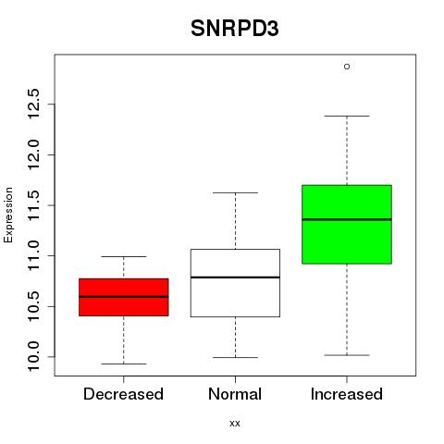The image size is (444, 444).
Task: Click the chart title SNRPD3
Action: [x=235, y=29]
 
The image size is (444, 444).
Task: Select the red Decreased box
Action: [x=124, y=297]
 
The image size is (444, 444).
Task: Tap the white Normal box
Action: [x=235, y=283]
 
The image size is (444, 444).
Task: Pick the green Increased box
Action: [x=347, y=225]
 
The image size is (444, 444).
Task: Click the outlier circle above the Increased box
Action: [x=347, y=67]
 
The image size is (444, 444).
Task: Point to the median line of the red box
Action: [x=124, y=297]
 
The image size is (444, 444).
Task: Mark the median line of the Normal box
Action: [x=235, y=277]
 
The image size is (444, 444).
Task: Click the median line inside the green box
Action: [x=347, y=219]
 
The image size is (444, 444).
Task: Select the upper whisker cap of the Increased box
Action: [x=347, y=116]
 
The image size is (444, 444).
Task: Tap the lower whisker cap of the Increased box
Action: [x=347, y=355]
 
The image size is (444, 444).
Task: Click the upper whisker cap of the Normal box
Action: [x=235, y=192]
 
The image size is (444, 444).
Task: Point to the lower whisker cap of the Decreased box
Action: [x=124, y=364]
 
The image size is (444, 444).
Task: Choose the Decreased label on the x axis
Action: [x=123, y=394]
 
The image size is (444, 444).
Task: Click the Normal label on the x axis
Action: [x=235, y=394]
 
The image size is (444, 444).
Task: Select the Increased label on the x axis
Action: [x=347, y=394]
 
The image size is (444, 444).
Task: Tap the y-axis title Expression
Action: [x=8, y=215]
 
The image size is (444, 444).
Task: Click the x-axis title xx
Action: [x=235, y=424]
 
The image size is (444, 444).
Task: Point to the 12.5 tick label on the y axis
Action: [x=33, y=104]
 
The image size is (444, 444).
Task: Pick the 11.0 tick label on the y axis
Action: [x=33, y=255]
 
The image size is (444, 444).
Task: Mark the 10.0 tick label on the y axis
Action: [x=33, y=357]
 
